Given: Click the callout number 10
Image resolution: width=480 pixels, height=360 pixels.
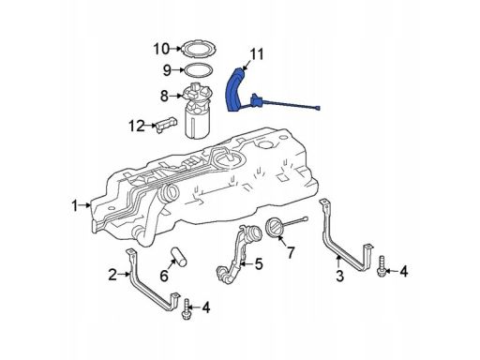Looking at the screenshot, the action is [161, 49].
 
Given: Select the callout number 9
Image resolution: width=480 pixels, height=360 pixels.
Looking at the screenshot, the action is [167, 70].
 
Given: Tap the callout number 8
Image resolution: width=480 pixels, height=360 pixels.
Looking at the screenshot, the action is [164, 96].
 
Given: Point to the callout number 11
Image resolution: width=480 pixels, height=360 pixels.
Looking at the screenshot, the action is [257, 54].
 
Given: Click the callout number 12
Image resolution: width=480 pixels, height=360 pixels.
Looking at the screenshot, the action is [137, 126].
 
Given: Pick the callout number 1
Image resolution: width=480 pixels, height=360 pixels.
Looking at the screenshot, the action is [74, 206].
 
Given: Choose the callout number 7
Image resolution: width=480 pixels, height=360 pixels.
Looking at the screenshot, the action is [291, 252].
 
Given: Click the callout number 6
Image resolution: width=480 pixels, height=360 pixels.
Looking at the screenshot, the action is [164, 276].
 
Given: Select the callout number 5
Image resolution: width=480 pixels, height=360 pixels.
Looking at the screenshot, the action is [259, 264].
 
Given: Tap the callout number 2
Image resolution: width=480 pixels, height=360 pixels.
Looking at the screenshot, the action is [112, 275].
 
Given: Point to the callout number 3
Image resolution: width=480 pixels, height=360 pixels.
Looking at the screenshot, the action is [339, 277].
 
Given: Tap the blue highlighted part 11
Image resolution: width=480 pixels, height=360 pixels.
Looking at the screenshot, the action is [233, 91].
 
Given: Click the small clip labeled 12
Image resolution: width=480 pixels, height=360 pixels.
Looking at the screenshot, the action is [166, 125].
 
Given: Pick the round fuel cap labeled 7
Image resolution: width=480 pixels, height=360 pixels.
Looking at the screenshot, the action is [275, 229].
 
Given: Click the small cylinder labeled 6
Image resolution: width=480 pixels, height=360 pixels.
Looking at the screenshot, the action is [178, 257].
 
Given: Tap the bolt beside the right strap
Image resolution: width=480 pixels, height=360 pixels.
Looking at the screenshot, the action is [381, 266].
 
